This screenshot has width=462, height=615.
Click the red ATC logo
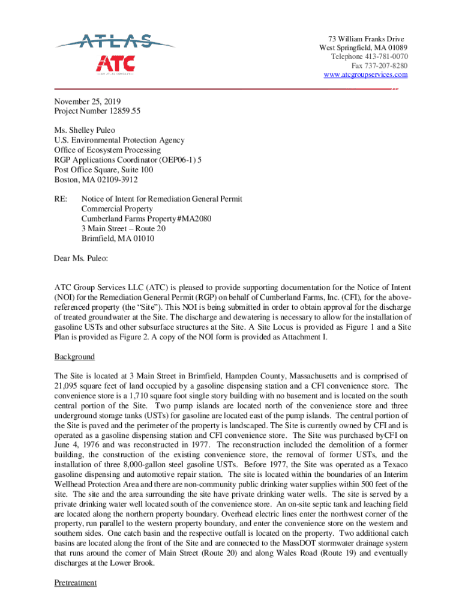[x=115, y=63]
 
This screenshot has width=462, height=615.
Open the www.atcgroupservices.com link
[x=365, y=74]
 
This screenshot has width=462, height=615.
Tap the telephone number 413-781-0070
[x=386, y=56]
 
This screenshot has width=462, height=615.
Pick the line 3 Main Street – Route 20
[x=124, y=228]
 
